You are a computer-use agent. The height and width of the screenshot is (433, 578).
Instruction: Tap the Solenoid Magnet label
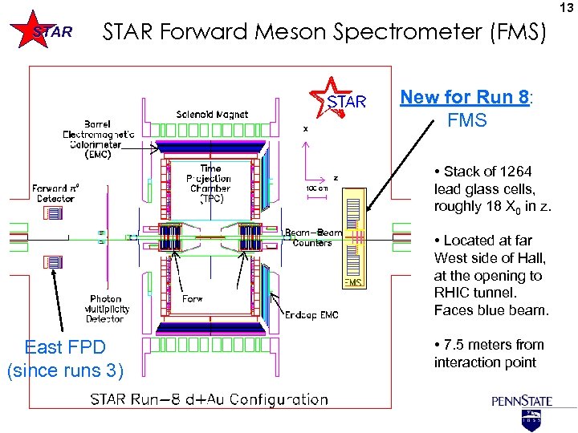[x=212, y=115]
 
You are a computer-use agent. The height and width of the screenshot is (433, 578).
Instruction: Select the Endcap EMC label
[x=307, y=315]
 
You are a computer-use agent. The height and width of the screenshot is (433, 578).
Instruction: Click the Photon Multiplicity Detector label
[x=106, y=309]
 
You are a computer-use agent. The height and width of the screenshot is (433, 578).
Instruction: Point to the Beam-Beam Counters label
[x=313, y=238]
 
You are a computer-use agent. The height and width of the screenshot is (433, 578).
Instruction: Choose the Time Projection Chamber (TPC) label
[x=210, y=184]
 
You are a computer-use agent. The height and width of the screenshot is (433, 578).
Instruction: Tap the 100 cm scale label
[x=317, y=188]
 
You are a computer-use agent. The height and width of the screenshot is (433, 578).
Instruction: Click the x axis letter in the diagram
[x=305, y=128]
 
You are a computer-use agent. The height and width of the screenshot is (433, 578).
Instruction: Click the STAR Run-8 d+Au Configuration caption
[x=209, y=399]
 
